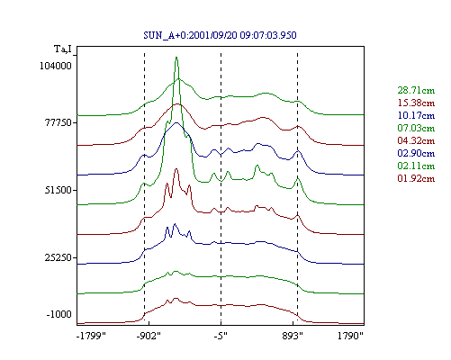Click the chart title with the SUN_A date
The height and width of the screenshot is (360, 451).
[220, 35]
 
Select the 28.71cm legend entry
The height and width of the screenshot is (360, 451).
[416, 90]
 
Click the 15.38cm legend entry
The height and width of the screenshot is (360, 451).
[416, 103]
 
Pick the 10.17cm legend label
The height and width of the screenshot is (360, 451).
[416, 115]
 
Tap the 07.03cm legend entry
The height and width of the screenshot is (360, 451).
[416, 128]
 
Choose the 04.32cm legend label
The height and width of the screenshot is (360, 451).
[416, 140]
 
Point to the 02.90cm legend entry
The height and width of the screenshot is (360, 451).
[416, 153]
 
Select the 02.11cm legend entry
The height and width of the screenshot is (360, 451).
[416, 166]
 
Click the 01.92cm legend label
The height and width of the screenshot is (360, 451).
[416, 178]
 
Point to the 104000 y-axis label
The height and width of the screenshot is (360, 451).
[56, 66]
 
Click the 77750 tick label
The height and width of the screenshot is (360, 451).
[59, 123]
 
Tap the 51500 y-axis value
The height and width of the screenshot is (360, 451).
[59, 190]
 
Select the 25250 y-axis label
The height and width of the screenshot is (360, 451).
[59, 257]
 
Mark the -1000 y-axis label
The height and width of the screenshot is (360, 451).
[59, 314]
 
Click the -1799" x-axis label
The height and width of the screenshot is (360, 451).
[91, 336]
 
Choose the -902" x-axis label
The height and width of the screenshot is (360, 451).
[149, 336]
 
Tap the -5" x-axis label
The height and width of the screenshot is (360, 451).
[221, 336]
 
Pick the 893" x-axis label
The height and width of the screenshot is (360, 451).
[293, 336]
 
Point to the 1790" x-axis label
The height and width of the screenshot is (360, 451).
[350, 336]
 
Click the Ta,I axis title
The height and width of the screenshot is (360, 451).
[63, 49]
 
